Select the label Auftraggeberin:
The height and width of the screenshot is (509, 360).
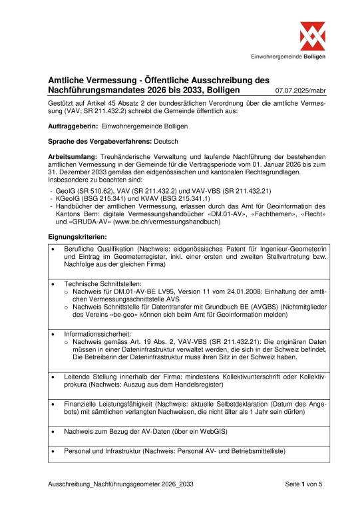[74, 126]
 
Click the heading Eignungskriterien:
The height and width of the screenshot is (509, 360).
[77, 236]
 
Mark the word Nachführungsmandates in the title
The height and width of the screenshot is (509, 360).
[106, 88]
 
